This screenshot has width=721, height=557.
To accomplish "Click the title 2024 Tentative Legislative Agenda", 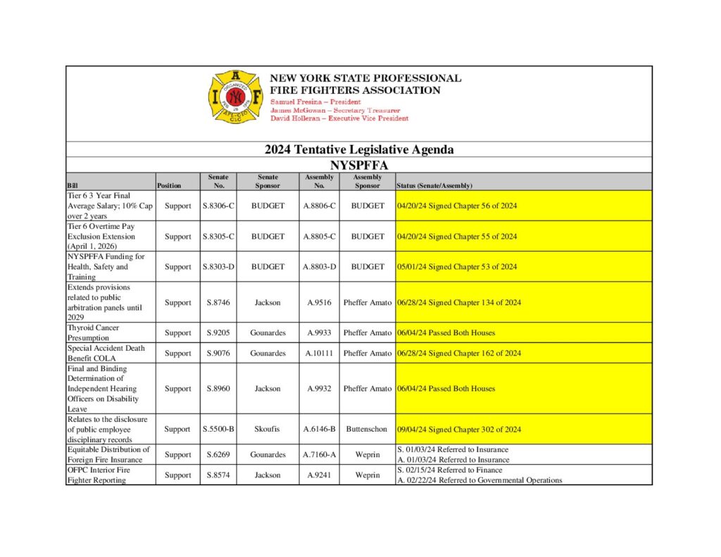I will coord(359,149).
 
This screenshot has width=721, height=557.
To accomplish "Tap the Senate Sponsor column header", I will coord(268,181).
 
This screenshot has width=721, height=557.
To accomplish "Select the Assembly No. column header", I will coord(319,181).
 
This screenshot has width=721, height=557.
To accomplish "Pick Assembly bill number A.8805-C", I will coord(319,237).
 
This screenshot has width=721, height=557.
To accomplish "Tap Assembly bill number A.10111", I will coord(319,353).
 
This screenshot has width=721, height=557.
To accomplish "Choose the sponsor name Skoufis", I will coord(268,429).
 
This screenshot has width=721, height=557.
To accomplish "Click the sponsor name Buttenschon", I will coord(367,429).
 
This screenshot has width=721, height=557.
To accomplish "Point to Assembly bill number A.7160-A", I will coord(319,455).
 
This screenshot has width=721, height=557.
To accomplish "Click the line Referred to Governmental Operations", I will coord(479,480).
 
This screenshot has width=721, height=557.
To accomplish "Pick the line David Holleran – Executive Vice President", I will coord(339,118).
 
